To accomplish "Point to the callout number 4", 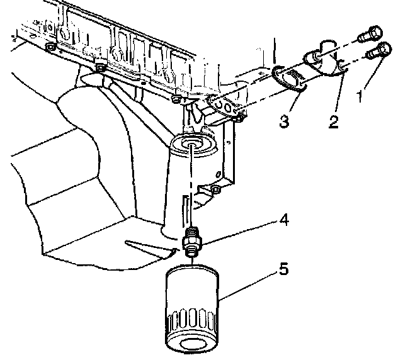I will [285, 220].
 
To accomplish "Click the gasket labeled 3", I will [289, 78].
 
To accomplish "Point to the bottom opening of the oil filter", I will [193, 344].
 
